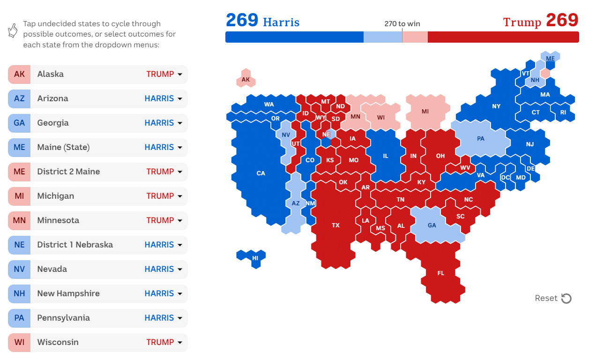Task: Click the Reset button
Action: tap(553, 298)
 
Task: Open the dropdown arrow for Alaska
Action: tap(180, 74)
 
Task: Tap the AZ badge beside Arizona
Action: tap(19, 98)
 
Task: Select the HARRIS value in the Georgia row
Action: tap(159, 123)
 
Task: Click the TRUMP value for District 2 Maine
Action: tap(160, 172)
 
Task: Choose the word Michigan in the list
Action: tap(56, 196)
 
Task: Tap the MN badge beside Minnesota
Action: tap(19, 220)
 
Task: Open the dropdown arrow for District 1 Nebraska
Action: tap(180, 245)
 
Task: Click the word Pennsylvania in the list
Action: tap(63, 318)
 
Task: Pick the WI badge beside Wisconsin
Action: tap(19, 342)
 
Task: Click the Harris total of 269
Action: tap(242, 20)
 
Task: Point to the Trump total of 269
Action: tap(562, 20)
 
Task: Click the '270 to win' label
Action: tap(402, 24)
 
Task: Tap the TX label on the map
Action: tap(335, 225)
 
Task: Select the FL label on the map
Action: tap(440, 273)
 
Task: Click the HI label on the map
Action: tap(255, 258)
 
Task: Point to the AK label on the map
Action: tap(246, 80)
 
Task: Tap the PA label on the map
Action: tap(481, 139)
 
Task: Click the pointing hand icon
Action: tap(13, 30)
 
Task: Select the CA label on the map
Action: tap(261, 173)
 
